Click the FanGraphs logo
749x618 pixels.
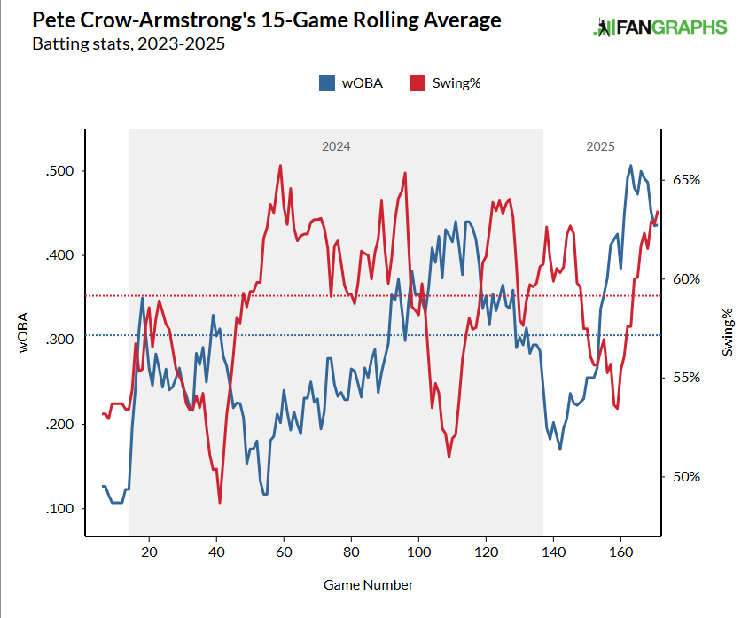coord(659,27)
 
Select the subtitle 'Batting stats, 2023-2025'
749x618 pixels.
coord(128,43)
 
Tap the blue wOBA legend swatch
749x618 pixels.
coord(325,83)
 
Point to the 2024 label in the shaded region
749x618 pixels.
coord(336,146)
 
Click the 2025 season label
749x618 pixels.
coord(600,146)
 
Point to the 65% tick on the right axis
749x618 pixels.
coord(686,179)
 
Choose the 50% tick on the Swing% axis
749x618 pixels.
coord(686,476)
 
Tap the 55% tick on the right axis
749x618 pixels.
coord(686,377)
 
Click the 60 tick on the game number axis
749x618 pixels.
coord(284,552)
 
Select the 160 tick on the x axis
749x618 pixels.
coord(620,552)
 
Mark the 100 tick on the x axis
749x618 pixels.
coord(418,552)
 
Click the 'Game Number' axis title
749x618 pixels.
coord(368,584)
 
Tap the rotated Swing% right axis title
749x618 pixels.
coord(728,332)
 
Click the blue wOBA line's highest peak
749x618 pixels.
coord(630,166)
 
